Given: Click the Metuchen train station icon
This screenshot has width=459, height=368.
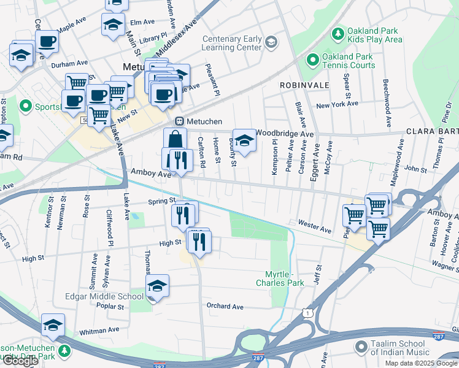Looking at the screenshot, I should tap(180, 121).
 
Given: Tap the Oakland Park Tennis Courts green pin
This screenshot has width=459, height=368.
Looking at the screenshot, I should tap(312, 60).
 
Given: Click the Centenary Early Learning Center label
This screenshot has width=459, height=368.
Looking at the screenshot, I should tap(233, 43).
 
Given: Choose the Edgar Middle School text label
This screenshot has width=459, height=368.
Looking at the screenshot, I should tap(104, 296).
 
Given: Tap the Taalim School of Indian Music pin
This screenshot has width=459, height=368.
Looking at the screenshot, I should tap(361, 348).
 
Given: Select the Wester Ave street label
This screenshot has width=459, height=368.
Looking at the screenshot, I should tap(314, 226).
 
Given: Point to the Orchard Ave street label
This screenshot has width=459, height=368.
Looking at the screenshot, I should tap(225, 306).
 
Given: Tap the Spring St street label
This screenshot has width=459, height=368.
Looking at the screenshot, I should tap(161, 201).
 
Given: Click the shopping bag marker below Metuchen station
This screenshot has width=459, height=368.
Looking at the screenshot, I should tap(175, 139).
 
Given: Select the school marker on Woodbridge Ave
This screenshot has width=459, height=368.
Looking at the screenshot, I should tap(244, 140).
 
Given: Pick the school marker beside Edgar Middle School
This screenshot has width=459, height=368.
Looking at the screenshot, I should tap(157, 286).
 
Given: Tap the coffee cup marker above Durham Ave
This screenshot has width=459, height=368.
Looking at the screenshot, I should tap(47, 41).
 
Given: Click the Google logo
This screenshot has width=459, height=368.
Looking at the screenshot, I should tap(20, 361).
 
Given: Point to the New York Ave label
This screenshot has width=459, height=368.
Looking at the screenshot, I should tap(337, 104).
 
